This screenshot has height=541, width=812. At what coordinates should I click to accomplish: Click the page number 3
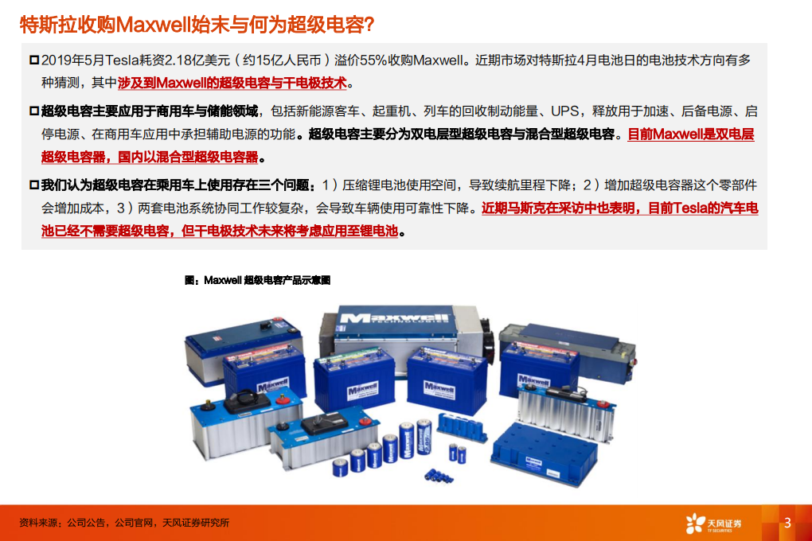[x=787, y=523]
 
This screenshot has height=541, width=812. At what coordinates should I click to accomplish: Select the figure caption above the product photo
[x=257, y=280]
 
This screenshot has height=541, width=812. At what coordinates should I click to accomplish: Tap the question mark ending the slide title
[x=368, y=25]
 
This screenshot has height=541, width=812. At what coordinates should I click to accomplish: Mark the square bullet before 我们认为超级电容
[x=33, y=185]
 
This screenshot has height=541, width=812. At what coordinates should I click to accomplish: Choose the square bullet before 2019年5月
[x=33, y=60]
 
